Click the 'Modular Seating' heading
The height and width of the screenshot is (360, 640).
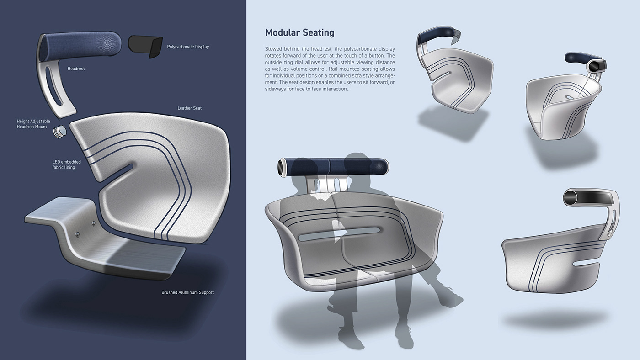(299, 32)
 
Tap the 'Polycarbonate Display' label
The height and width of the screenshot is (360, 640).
(188, 47)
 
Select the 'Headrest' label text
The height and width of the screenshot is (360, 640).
(76, 69)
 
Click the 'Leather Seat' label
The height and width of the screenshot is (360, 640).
(189, 108)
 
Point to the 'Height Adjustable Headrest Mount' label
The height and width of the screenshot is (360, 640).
(33, 124)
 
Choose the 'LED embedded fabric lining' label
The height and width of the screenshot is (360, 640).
(67, 164)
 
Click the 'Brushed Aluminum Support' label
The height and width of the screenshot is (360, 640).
(188, 292)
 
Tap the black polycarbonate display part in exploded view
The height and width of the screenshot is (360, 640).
(145, 46)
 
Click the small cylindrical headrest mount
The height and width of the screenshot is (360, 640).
(59, 132)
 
